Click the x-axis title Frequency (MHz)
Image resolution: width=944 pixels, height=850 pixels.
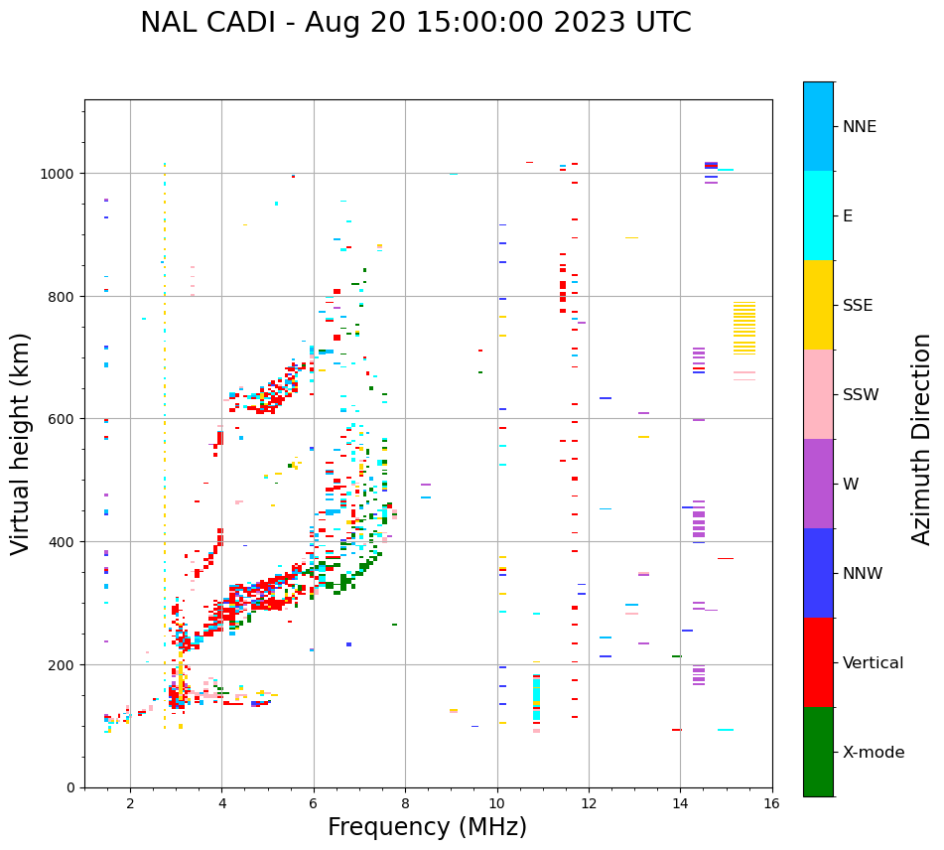427,827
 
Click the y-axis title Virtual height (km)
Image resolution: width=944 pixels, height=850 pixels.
21,443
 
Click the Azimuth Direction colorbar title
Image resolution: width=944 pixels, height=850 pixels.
922,439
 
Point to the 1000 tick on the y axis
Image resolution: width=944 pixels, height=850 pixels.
60,173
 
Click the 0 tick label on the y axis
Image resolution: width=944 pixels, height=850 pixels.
70,787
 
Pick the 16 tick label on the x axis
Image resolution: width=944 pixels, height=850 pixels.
771,804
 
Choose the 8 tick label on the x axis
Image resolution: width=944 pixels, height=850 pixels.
405,804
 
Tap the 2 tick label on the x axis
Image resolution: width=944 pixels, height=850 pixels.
130,804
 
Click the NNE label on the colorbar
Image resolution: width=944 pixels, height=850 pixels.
860,126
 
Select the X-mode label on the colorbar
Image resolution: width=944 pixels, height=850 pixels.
874,752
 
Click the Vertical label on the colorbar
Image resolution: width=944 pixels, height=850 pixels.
873,662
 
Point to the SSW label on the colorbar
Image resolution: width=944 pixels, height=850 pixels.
861,394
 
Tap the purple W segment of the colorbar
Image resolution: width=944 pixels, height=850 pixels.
818,484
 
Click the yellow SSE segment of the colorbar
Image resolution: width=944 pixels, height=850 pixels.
818,305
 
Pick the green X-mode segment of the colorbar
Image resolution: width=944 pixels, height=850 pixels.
818,752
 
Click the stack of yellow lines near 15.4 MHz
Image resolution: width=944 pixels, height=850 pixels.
743,328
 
